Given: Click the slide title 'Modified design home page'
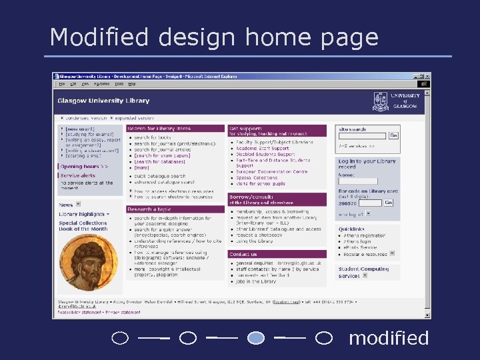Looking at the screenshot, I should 214,37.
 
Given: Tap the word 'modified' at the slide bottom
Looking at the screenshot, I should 389,338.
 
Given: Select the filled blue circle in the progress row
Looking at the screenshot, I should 256,338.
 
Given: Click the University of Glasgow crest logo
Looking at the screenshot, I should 381,101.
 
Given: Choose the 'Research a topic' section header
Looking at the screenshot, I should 150,209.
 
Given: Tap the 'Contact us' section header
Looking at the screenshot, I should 243,254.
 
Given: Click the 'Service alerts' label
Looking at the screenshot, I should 79,175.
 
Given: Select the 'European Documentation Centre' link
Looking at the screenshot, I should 272,172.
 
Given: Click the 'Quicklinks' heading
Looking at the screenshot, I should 351,228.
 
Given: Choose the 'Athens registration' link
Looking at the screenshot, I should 365,235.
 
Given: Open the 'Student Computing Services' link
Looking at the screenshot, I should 363,272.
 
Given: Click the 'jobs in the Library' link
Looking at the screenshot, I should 257,281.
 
